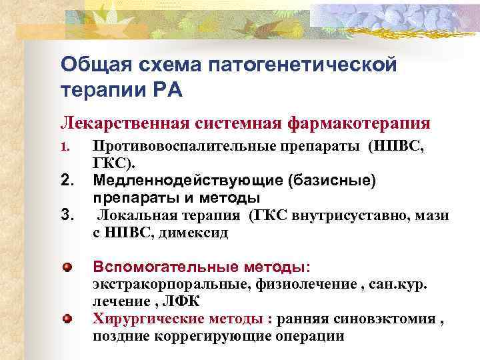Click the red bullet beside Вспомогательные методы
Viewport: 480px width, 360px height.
(x=67, y=267)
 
